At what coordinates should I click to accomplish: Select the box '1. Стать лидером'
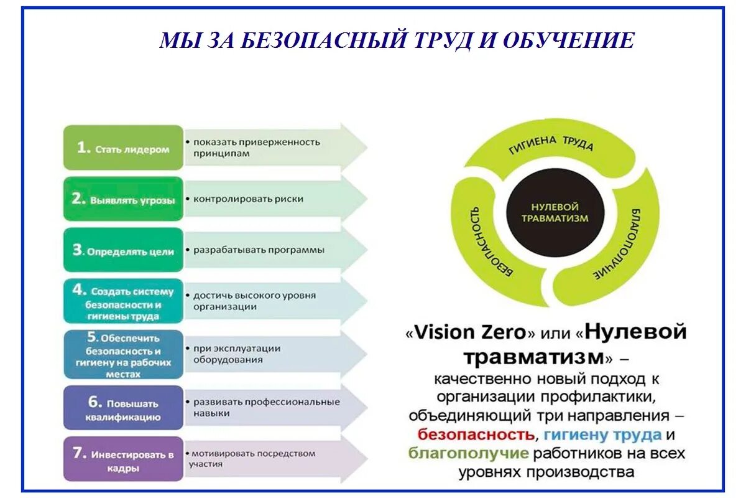coord(123,148)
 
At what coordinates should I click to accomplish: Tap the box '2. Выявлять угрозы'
coord(123,199)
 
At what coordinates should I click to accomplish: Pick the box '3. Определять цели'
coord(123,250)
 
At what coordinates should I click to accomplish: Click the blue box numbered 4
coord(123,302)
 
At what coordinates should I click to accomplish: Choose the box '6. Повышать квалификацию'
coord(123,409)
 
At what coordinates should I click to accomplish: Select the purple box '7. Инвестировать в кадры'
coord(123,459)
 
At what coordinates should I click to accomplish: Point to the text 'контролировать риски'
coord(248,199)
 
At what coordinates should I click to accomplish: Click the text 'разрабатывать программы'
coord(259,250)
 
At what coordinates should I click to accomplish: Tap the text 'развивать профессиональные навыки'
coord(266,407)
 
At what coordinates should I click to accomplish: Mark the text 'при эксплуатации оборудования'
coord(236,354)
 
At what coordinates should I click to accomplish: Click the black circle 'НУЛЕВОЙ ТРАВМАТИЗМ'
coord(555,212)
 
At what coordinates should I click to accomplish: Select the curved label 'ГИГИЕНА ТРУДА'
coord(551,143)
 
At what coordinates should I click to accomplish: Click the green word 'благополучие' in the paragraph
coord(469,453)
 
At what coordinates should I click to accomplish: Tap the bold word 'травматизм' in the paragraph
coord(535,357)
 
